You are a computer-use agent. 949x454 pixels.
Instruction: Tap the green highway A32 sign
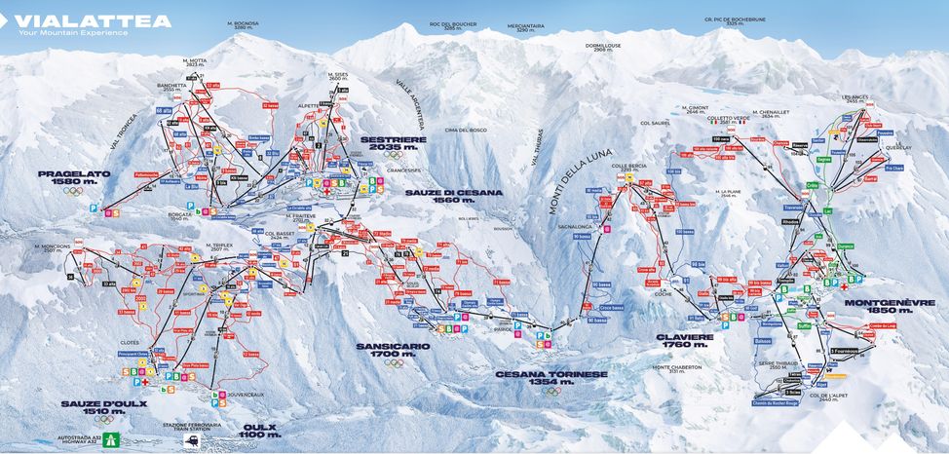pyautogui.click(x=113, y=438)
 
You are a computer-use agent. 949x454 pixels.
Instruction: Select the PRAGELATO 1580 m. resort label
pyautogui.click(x=74, y=176)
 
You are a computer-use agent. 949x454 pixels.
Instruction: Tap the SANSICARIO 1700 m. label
pyautogui.click(x=393, y=348)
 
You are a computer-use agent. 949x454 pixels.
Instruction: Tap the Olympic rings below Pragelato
pyautogui.click(x=74, y=191)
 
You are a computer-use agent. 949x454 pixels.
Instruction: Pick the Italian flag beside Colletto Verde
pyautogui.click(x=715, y=123)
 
